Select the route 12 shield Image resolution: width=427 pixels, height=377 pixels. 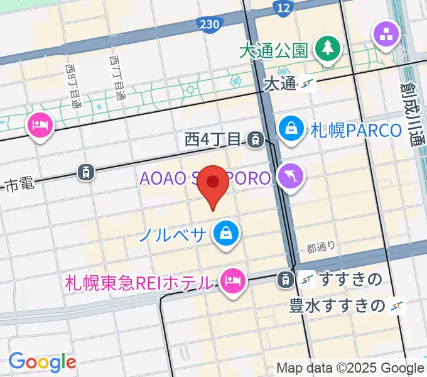click(283, 7)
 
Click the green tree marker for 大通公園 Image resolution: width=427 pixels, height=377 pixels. click(327, 48)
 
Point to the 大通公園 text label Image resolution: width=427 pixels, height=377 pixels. click(273, 50)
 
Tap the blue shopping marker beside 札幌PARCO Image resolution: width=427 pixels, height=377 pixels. click(292, 129)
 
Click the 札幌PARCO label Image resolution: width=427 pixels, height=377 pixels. click(355, 130)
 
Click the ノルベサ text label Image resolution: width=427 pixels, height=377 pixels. click(172, 235)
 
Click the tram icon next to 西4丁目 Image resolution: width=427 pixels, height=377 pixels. click(255, 138)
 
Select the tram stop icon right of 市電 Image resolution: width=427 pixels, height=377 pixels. click(85, 171)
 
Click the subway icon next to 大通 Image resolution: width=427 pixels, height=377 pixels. click(308, 83)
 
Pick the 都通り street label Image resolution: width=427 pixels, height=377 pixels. click(321, 247)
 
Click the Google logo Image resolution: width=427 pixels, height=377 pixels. click(42, 362)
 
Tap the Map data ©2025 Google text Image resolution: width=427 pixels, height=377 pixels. click(350, 368)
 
